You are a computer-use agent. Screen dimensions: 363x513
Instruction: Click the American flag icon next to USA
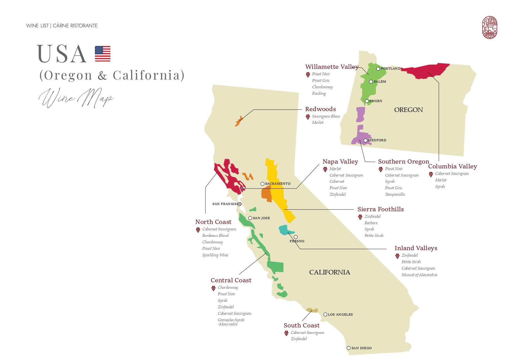[103, 54]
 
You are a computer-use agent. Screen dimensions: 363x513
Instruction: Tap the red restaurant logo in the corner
[490, 27]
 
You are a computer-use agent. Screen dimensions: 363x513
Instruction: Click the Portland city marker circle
[378, 69]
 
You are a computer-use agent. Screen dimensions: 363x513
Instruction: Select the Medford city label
[377, 140]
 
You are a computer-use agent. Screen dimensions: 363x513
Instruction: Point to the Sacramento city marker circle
[262, 184]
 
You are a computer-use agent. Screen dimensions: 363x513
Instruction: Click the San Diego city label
[361, 348]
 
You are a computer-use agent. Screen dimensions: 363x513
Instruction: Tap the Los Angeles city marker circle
[325, 314]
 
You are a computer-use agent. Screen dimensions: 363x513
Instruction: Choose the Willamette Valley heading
[332, 67]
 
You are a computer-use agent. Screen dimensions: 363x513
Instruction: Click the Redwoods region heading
[320, 109]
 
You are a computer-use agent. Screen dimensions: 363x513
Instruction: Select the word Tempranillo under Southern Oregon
[395, 194]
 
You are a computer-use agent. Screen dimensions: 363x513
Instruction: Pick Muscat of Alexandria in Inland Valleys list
[419, 275]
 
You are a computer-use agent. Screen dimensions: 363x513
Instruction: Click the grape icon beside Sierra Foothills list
[360, 217]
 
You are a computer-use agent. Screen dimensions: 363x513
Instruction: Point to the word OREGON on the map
[408, 110]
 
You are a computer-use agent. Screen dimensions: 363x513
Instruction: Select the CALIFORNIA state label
[329, 272]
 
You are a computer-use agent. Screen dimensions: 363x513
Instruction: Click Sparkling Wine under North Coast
[215, 255]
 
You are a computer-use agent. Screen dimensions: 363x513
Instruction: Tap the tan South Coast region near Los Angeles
[312, 310]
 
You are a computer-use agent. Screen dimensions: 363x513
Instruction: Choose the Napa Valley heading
[340, 162]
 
